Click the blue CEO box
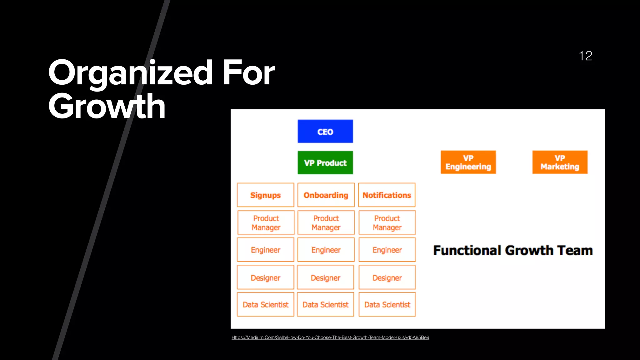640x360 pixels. point(325,131)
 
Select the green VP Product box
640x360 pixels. point(325,163)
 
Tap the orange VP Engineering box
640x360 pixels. point(468,162)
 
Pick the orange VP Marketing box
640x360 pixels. point(560,162)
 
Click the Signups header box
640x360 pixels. point(265,195)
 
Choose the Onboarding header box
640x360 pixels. point(326,195)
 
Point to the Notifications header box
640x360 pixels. point(387,195)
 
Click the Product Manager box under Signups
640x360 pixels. point(266,222)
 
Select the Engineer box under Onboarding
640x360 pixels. point(326,250)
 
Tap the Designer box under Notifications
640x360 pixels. point(387,277)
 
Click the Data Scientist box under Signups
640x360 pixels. point(265,304)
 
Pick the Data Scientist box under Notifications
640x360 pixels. point(387,304)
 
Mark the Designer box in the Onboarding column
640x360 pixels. point(325,277)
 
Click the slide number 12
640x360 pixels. point(585,56)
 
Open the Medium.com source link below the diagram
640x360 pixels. point(330,337)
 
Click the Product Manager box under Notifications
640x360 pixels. point(387,222)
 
